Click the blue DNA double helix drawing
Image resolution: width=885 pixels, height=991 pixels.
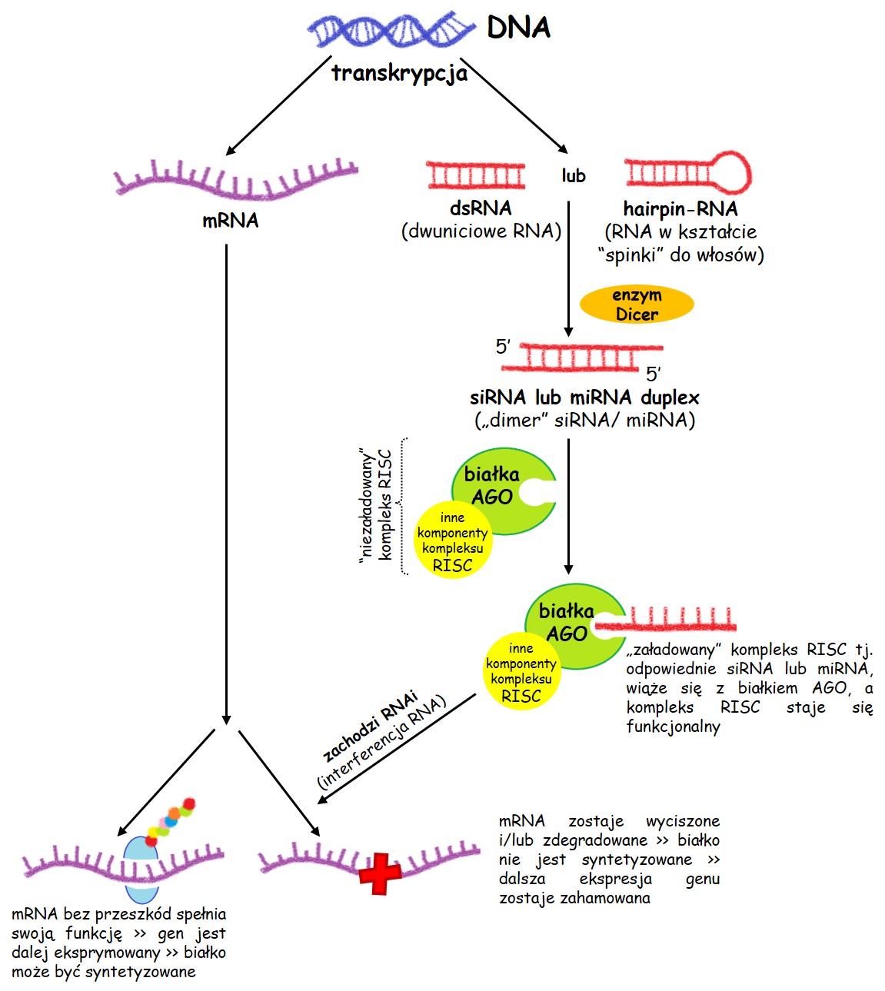(x=391, y=29)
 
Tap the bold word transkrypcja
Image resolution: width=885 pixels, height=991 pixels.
(x=399, y=73)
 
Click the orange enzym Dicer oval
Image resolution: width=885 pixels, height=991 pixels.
(x=637, y=304)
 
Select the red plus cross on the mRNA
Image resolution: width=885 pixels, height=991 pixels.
(x=380, y=874)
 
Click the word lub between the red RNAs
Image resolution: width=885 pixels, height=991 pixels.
(x=573, y=175)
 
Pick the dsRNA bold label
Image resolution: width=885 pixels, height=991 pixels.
(x=481, y=208)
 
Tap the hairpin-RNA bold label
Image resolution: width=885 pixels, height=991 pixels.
(x=680, y=209)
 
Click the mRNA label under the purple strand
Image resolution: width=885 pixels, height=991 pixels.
(x=230, y=221)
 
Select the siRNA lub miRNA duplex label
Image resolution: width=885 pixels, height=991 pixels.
(x=584, y=397)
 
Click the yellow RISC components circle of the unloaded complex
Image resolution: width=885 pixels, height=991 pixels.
(x=453, y=540)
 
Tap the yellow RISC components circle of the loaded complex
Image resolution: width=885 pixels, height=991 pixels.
(x=521, y=672)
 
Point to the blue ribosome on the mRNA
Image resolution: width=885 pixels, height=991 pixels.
(x=141, y=869)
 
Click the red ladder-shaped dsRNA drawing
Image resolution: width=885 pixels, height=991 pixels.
(x=475, y=175)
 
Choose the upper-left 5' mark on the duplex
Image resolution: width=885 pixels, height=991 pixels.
(x=503, y=347)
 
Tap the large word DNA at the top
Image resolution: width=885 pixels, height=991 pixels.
(x=518, y=27)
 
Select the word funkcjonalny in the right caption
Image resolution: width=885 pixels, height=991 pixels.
(x=673, y=727)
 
